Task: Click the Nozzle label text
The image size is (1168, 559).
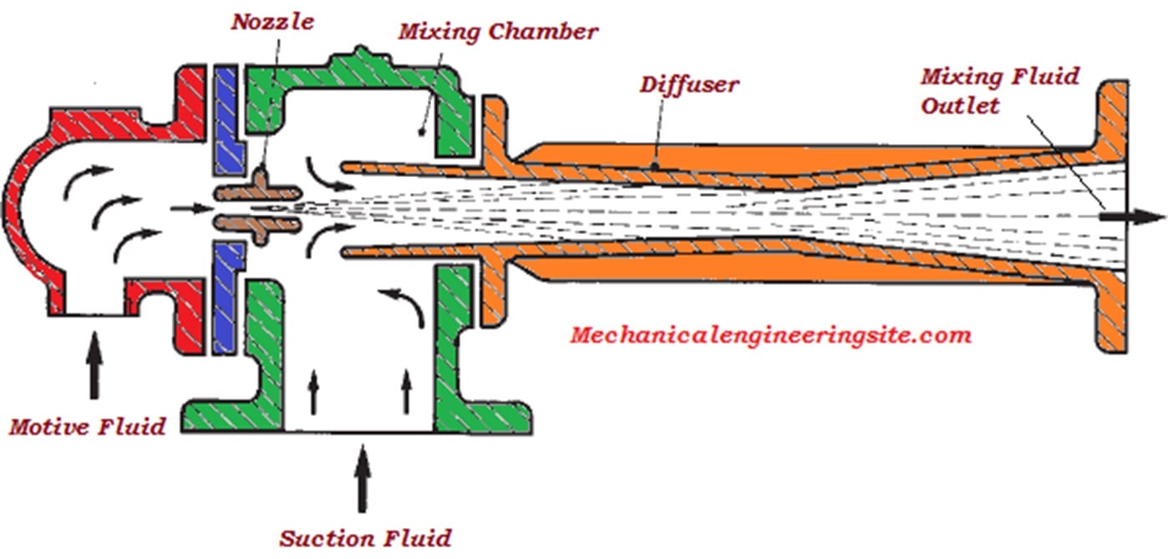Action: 272,22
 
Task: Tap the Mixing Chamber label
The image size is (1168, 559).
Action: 497,33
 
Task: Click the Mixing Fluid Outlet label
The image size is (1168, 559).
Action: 999,91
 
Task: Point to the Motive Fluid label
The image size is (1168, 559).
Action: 88,427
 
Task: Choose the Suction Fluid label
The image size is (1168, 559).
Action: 365,536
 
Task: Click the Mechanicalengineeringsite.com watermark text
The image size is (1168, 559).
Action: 770,336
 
